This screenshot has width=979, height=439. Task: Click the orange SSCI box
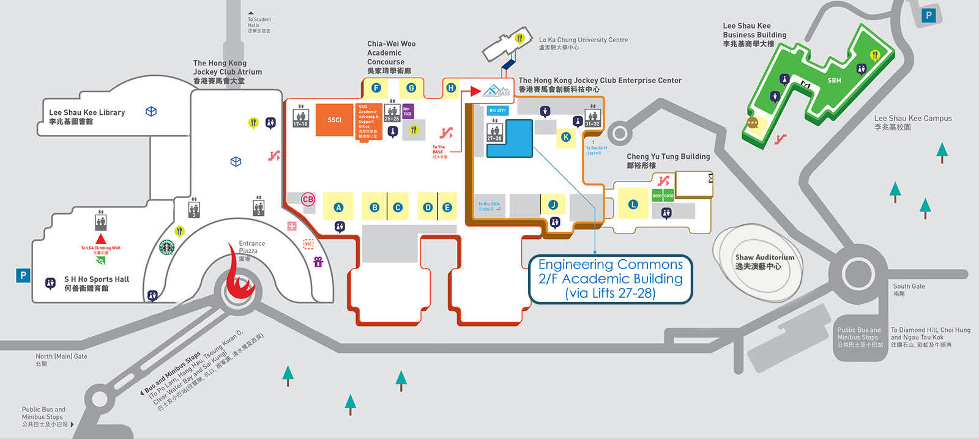coord(334,120)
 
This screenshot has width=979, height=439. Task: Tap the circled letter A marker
coord(338,207)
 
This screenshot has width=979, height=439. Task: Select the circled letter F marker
coord(376,88)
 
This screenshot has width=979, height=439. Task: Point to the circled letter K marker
coord(566,137)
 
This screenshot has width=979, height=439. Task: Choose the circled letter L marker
coord(633,204)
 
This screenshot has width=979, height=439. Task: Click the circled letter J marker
coord(553,205)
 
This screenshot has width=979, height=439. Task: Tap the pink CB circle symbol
coord(308,199)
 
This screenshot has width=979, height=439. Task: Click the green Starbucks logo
coord(166,247)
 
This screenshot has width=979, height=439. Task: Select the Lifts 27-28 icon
coord(494,132)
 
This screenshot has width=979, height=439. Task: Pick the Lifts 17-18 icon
coord(300,117)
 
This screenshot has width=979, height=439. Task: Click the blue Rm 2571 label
coord(497,111)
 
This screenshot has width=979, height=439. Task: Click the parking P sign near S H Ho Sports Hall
coord(23,275)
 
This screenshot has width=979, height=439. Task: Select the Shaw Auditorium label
coord(765,262)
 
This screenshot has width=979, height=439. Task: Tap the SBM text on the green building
coord(834,80)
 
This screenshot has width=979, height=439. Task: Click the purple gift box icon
coord(318,262)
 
